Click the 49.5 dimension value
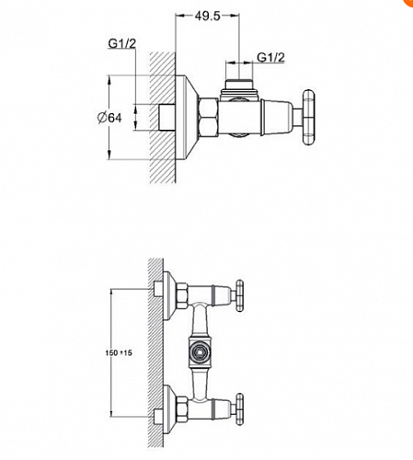pos(207,17)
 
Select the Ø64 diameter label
pos(109,118)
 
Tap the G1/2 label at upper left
pos(121,43)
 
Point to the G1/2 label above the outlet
pos(270,57)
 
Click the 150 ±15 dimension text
pos(119,352)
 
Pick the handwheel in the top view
pos(308,117)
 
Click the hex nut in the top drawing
pos(208,117)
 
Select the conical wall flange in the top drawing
pos(187,118)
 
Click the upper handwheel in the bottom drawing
pos(239,295)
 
